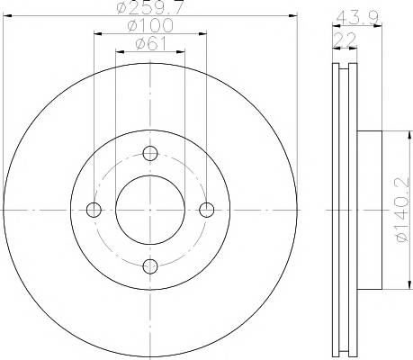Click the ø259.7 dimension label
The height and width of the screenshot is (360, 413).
coord(149,7)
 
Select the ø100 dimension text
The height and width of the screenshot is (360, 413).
coord(150,25)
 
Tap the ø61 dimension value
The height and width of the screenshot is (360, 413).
coord(150,44)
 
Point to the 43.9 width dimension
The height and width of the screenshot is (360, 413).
coord(357,18)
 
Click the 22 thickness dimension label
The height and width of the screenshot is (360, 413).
coord(346,40)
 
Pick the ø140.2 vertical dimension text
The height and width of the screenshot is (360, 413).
coord(402,210)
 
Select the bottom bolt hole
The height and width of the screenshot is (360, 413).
coord(150,266)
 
